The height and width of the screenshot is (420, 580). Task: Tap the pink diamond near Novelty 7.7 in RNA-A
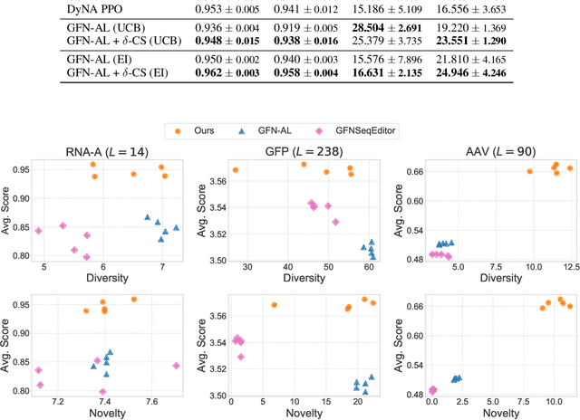[x=176, y=366]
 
